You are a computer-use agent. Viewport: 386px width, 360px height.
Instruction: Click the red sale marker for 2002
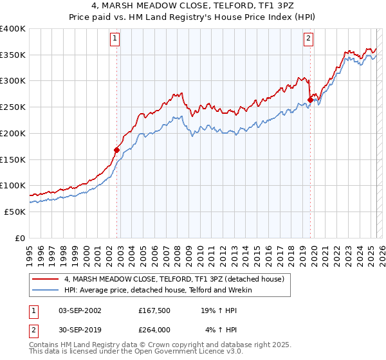pyautogui.click(x=116, y=150)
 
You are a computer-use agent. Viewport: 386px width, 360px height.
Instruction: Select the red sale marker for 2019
pyautogui.click(x=310, y=100)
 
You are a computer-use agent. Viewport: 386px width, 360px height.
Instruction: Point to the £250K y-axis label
pyautogui.click(x=12, y=107)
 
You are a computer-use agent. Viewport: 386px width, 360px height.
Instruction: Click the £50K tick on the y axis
pyautogui.click(x=14, y=212)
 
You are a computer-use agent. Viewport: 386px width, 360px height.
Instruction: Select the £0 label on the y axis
pyautogui.click(x=20, y=238)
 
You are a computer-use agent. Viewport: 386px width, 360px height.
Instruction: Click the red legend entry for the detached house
pyautogui.click(x=178, y=279)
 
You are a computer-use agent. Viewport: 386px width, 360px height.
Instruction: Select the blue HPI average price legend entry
pyautogui.click(x=158, y=290)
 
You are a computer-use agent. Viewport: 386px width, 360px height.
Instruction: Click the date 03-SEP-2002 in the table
pyautogui.click(x=80, y=310)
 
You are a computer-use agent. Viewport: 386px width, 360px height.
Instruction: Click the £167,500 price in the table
pyautogui.click(x=153, y=310)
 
